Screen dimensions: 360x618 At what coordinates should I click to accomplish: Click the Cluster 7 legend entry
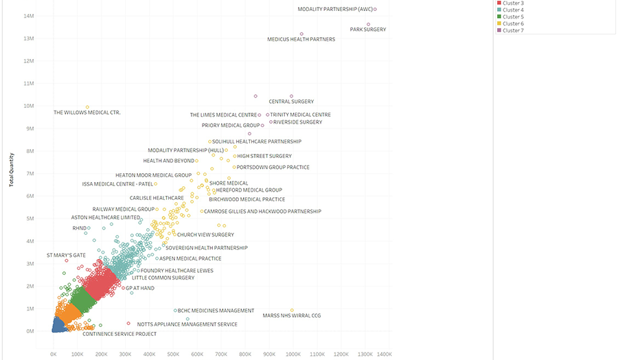coord(512,30)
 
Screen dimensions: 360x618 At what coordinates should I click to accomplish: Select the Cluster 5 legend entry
coord(512,16)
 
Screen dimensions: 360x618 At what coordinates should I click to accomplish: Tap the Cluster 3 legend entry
coord(512,3)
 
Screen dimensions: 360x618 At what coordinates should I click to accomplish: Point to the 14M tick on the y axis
coord(30,16)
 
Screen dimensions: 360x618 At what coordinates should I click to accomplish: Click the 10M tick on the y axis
coord(30,106)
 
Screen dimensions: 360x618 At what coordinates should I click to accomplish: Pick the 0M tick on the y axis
coord(31,331)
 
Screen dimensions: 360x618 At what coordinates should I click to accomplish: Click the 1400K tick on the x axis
coord(384,354)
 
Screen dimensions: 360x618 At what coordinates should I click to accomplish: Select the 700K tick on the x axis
coord(221,354)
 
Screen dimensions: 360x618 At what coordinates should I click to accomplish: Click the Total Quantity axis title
coord(11,168)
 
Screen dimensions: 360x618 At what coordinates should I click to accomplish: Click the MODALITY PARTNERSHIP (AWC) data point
coord(375,9)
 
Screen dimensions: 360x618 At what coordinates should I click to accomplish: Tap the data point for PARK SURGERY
coord(368,25)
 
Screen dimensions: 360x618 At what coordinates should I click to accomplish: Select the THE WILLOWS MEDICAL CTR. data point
coord(87,107)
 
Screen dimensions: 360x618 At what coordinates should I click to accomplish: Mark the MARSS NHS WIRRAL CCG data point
coord(292,310)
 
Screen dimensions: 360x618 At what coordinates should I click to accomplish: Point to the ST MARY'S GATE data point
coord(67,261)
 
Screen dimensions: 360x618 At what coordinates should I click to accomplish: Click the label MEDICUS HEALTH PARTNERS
coord(301,40)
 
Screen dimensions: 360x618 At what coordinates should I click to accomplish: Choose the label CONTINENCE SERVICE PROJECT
coord(119,334)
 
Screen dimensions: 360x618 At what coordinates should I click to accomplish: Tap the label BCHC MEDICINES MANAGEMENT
coord(216,311)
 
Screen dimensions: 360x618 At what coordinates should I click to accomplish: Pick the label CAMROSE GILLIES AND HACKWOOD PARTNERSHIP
coord(262,212)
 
